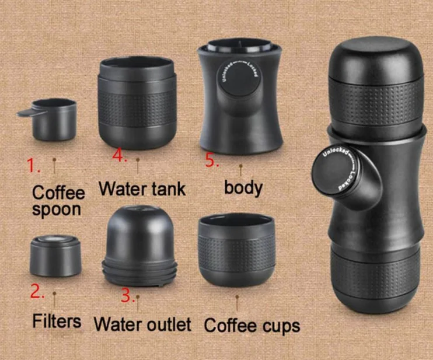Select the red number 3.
pyautogui.click(x=128, y=295)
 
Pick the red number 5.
pyautogui.click(x=211, y=161)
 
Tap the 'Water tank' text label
pyautogui.click(x=142, y=188)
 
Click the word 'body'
pyautogui.click(x=243, y=187)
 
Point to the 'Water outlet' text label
pyautogui.click(x=142, y=323)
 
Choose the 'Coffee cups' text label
pyautogui.click(x=252, y=324)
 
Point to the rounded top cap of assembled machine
pyautogui.click(x=375, y=58)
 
